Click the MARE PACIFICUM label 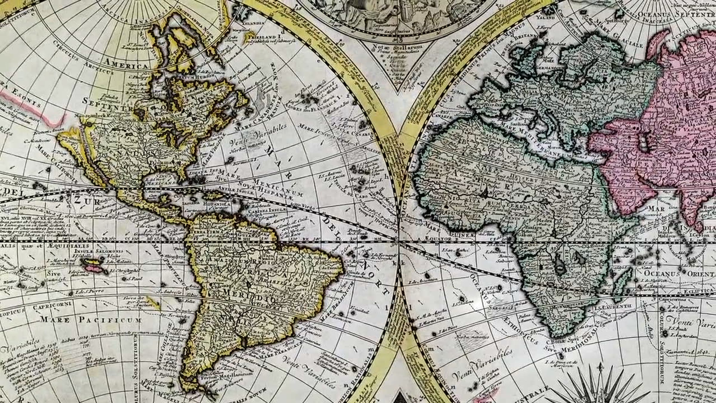coord(91,320)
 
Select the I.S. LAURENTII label coord(610,307)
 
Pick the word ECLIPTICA coord(701,290)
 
